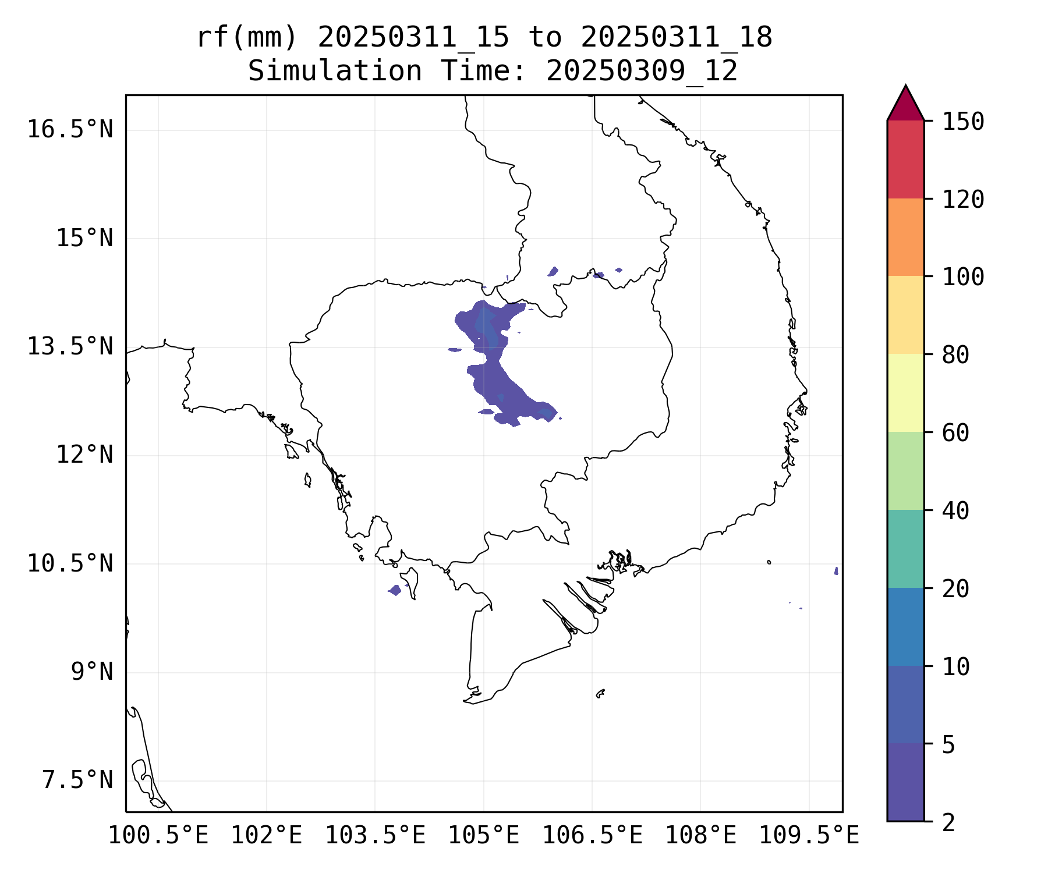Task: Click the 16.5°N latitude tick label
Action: [x=70, y=129]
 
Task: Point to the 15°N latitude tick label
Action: [x=84, y=238]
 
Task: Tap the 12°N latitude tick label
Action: [x=84, y=455]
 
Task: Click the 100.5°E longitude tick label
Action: [x=158, y=836]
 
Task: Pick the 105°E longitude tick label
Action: [x=483, y=836]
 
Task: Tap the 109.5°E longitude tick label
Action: [x=809, y=836]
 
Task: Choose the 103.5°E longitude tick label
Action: [x=375, y=836]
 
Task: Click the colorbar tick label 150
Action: [x=963, y=122]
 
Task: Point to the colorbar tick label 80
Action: [x=955, y=354]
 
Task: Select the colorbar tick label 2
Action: [x=948, y=822]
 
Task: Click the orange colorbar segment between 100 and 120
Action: [x=905, y=237]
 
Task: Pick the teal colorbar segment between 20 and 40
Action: [x=905, y=548]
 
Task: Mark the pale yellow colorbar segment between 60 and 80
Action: [x=905, y=392]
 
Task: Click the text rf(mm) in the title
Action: [x=247, y=38]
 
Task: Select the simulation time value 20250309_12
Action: [x=642, y=72]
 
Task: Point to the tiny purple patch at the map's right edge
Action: [x=836, y=571]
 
